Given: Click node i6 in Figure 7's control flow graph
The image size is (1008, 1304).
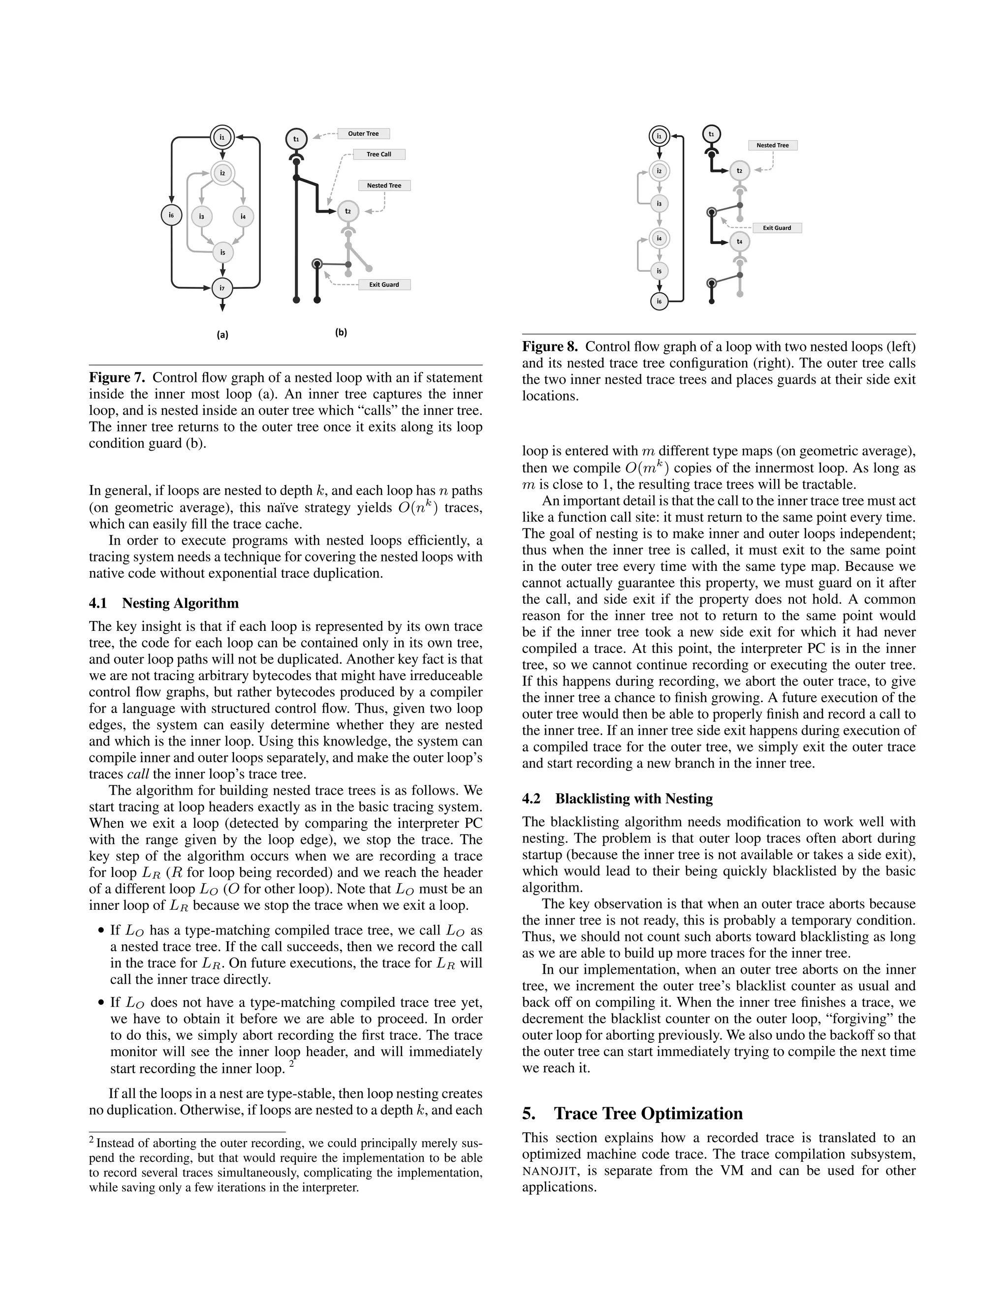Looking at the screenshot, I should pyautogui.click(x=171, y=215).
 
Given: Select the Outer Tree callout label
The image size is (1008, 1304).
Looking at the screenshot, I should pyautogui.click(x=363, y=134).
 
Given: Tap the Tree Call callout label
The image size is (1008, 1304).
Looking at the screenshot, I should pyautogui.click(x=378, y=154).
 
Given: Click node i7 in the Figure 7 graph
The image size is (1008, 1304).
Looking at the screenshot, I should pyautogui.click(x=222, y=288).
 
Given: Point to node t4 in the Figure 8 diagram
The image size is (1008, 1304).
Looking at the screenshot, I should pyautogui.click(x=739, y=241).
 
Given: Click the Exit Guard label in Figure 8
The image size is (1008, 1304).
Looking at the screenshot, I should pyautogui.click(x=776, y=228).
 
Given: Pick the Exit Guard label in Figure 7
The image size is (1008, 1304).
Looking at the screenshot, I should pyautogui.click(x=383, y=285).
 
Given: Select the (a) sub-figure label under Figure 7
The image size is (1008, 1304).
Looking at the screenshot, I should pyautogui.click(x=222, y=335).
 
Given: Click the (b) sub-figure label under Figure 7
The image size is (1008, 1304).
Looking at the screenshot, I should pyautogui.click(x=341, y=333).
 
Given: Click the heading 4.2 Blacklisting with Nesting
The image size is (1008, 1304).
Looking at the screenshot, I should pyautogui.click(x=618, y=799).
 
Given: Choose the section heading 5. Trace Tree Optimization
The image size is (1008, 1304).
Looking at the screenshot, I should pyautogui.click(x=632, y=1114).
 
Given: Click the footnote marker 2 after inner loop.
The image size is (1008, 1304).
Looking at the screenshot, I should pyautogui.click(x=291, y=1063).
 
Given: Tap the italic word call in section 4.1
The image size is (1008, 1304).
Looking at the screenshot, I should pyautogui.click(x=137, y=775).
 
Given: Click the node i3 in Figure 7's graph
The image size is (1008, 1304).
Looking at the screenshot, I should pyautogui.click(x=202, y=216).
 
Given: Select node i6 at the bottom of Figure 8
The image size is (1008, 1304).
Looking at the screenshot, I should pyautogui.click(x=659, y=301).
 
